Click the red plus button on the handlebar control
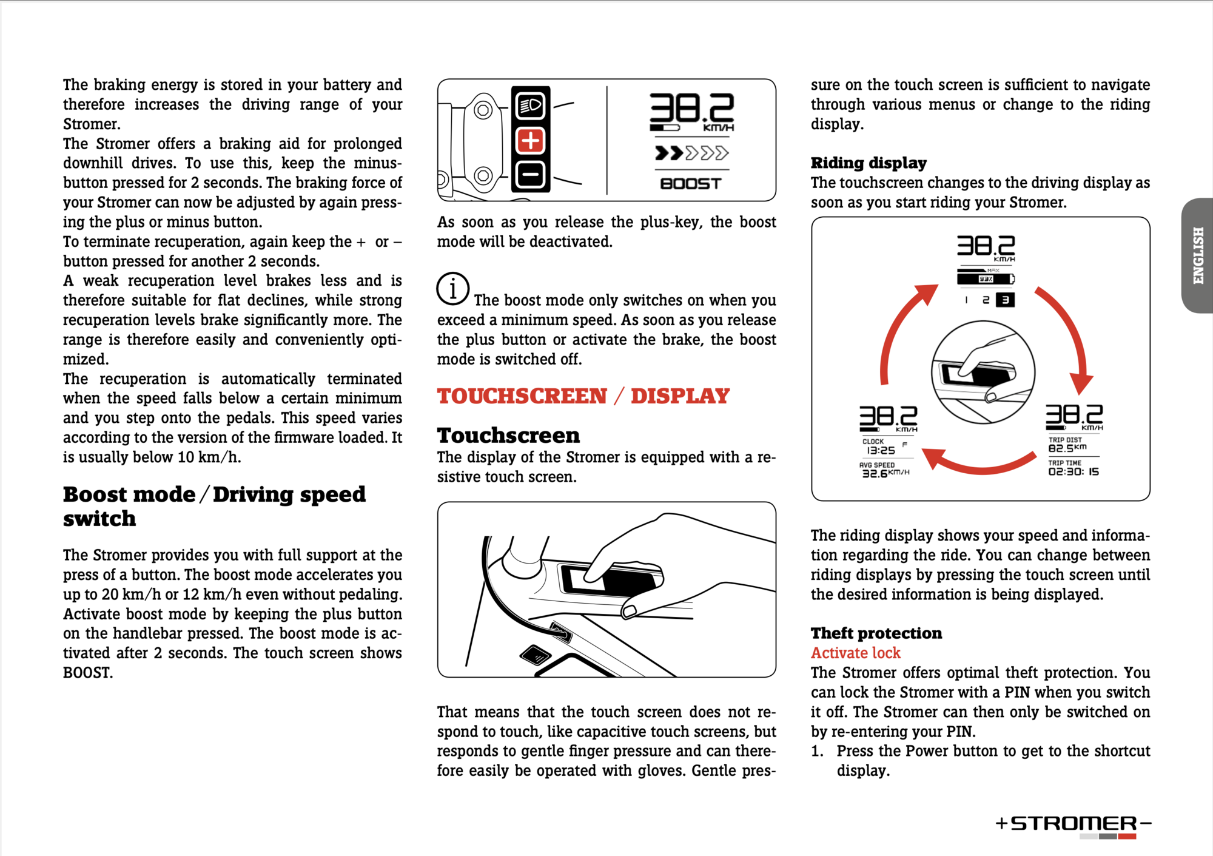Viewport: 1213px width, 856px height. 531,141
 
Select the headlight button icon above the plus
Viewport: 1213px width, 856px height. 531,106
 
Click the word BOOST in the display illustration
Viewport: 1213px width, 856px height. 691,183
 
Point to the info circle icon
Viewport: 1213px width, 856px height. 452,289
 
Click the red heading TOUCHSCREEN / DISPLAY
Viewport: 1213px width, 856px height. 583,396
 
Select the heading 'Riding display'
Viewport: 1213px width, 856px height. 869,163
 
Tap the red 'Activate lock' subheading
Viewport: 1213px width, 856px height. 855,653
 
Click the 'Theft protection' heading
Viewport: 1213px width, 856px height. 876,633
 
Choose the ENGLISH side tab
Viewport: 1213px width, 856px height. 1198,255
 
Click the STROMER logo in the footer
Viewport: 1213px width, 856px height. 1074,824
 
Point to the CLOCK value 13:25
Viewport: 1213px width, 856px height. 881,450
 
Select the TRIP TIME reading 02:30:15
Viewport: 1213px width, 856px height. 1074,471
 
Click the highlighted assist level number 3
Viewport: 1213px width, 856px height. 1005,300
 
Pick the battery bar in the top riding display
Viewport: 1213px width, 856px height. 985,279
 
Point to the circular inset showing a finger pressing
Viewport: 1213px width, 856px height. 983,372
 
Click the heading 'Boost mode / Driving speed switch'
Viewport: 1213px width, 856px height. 214,506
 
